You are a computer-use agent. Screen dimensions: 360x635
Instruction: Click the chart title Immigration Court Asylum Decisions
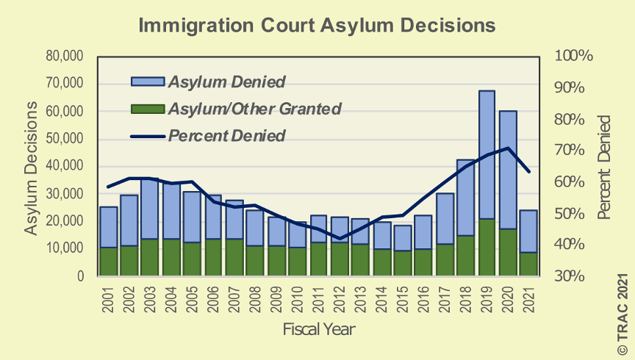point(317,26)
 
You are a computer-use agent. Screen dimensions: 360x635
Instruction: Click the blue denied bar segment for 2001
point(109,227)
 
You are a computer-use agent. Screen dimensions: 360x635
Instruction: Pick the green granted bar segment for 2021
point(528,264)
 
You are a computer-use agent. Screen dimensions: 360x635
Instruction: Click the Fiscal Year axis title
point(318,329)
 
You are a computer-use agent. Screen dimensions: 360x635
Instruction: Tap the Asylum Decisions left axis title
point(31,168)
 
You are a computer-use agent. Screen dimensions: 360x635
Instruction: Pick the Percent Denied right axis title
point(604,168)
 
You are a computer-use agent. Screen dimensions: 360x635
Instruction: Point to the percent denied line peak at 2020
point(507,148)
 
